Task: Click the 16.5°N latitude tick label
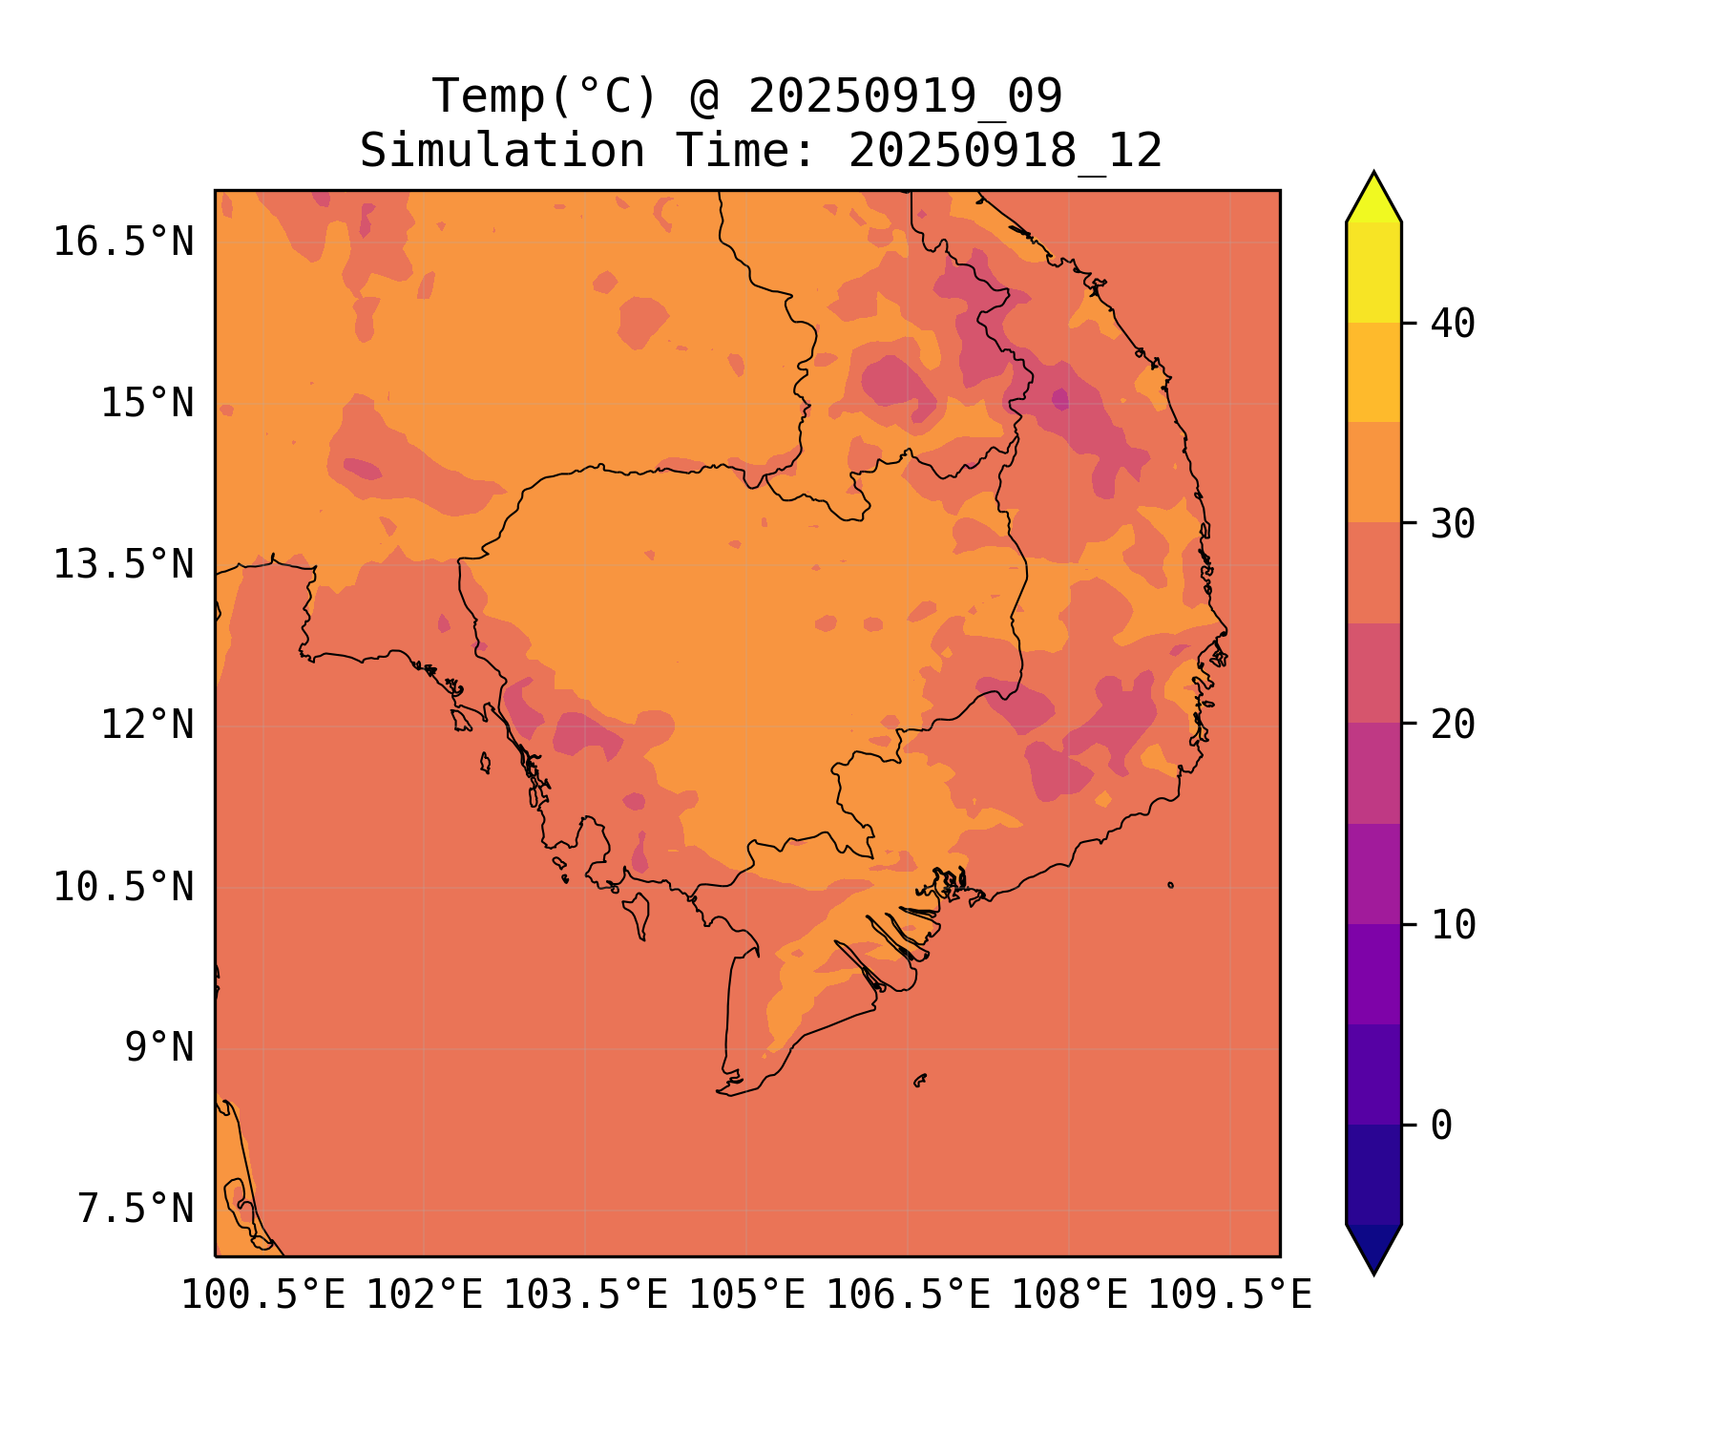(123, 242)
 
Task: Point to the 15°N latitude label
(147, 403)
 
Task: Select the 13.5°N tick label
(123, 564)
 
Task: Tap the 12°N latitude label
(147, 725)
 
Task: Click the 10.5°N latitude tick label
(123, 887)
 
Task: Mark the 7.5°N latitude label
(136, 1209)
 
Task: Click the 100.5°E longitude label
(263, 1295)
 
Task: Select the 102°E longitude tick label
(424, 1295)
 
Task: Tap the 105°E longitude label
(746, 1295)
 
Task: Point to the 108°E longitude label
(1069, 1295)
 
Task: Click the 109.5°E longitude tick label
(1229, 1295)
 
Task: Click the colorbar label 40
(1453, 324)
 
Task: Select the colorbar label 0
(1441, 1126)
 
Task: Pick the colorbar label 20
(1453, 725)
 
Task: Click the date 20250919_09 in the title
(905, 96)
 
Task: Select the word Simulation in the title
(502, 151)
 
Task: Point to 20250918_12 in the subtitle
(1005, 151)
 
